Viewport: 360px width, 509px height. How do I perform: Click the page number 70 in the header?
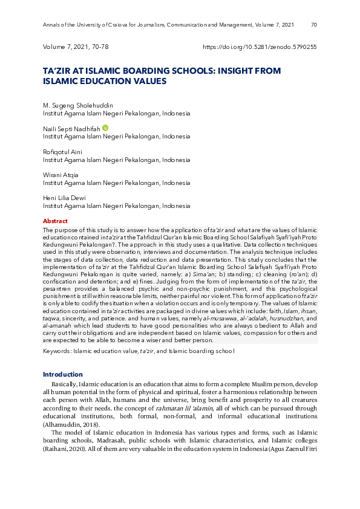(x=313, y=25)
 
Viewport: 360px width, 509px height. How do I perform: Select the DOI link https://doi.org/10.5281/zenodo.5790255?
(x=260, y=47)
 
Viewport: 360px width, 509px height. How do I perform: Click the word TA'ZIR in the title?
(x=56, y=71)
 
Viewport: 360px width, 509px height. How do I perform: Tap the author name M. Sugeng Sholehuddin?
(x=77, y=106)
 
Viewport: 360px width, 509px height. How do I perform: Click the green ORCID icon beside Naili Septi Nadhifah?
(x=105, y=128)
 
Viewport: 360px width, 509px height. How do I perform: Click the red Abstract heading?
(x=55, y=221)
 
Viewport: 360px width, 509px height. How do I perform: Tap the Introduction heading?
(x=62, y=375)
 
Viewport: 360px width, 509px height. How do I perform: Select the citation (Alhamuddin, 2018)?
(x=70, y=424)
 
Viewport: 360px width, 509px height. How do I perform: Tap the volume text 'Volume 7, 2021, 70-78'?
(x=76, y=47)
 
